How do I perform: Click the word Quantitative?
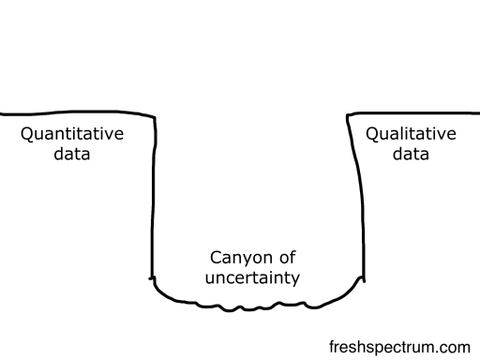[x=72, y=134]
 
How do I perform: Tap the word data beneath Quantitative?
[x=72, y=154]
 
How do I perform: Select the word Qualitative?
[x=411, y=134]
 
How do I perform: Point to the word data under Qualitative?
[x=411, y=154]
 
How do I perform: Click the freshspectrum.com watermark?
[x=399, y=346]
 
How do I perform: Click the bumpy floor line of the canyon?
[x=253, y=305]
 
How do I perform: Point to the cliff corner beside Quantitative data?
[x=153, y=116]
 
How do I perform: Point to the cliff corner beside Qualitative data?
[x=348, y=115]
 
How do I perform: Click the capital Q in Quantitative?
[x=27, y=134]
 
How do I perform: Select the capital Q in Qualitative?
[x=372, y=134]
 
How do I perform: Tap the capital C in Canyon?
[x=214, y=258]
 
